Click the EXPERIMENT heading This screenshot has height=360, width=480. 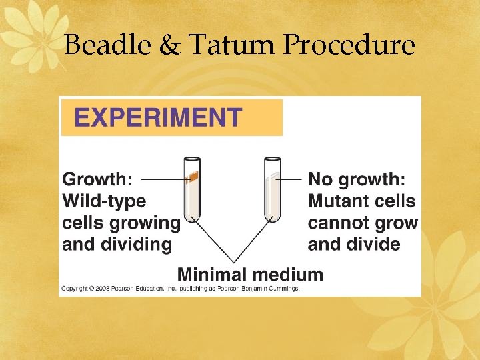(157, 118)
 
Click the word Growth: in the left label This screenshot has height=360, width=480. (97, 179)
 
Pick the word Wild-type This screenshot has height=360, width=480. (104, 201)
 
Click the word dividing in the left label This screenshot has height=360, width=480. (138, 244)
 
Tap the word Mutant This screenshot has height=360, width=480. (339, 201)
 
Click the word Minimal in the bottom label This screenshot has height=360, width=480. (212, 274)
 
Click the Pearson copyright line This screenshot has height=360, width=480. (180, 289)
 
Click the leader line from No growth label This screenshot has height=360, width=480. (289, 179)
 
